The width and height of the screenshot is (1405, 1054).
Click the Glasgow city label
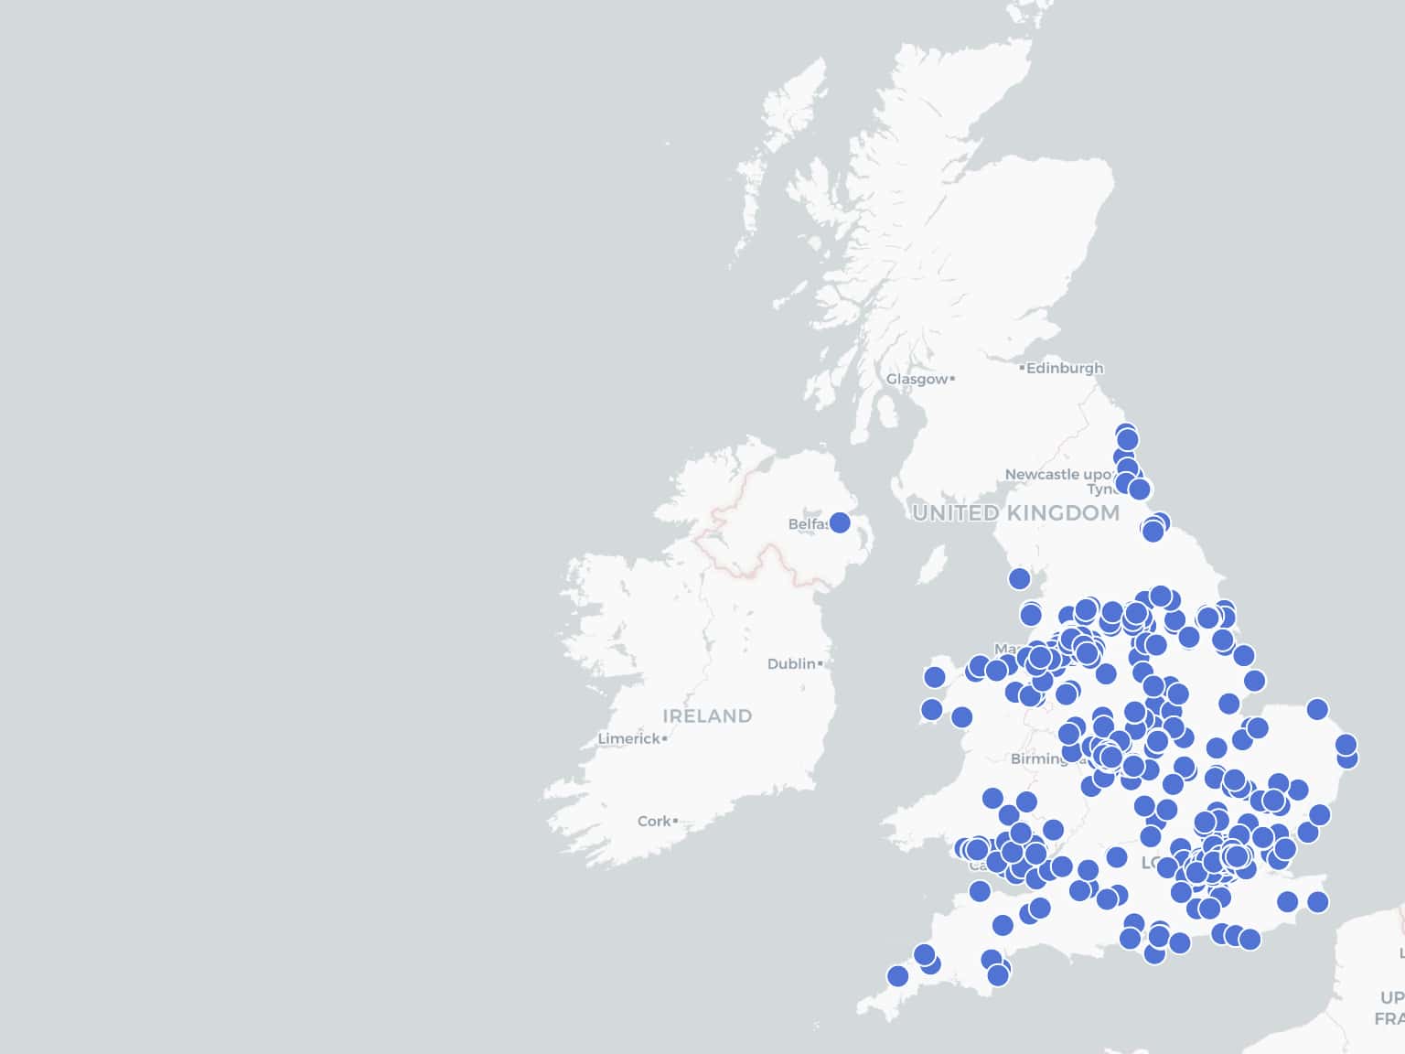pos(917,379)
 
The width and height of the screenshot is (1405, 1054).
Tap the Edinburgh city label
pos(1065,368)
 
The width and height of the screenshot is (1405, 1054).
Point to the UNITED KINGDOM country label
pos(1015,513)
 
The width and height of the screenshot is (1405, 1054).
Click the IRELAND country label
pos(707,716)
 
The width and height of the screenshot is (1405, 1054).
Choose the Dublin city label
pos(791,663)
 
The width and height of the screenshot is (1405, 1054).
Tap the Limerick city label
pos(628,738)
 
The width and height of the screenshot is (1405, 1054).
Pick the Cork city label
pos(654,822)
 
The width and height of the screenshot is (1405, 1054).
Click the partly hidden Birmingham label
pos(1037,758)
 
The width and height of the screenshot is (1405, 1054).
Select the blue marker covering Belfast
pos(839,522)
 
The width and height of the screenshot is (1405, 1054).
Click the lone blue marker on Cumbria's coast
pos(1019,578)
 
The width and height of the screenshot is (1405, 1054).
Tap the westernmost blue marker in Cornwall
pos(897,976)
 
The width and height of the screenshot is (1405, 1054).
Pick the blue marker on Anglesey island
pos(934,677)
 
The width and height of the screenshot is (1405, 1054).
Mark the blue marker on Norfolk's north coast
pos(1316,709)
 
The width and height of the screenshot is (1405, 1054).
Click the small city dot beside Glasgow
pos(952,378)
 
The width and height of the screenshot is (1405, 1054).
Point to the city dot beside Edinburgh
pos(1022,368)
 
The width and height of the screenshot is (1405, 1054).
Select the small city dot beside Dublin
pos(820,663)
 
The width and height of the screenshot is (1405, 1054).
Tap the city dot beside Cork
pos(675,822)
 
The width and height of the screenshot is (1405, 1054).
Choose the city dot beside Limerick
pos(664,738)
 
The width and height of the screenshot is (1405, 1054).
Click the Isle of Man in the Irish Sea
pos(932,565)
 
